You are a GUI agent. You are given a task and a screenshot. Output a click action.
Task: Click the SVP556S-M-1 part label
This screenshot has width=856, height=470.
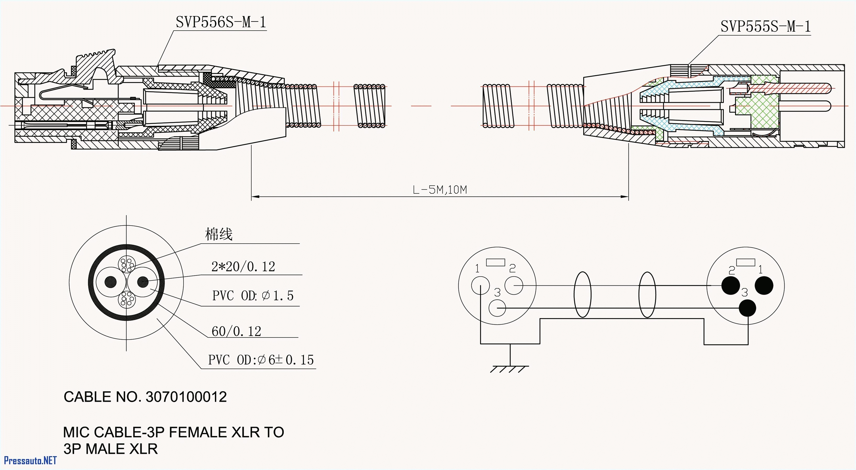[x=221, y=22]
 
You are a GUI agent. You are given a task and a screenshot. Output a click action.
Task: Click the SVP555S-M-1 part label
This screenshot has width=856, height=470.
[x=765, y=27]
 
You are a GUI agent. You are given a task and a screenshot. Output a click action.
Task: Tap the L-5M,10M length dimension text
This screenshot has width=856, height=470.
[x=440, y=190]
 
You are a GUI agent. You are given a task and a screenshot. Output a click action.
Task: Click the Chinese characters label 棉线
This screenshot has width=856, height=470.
[x=218, y=234]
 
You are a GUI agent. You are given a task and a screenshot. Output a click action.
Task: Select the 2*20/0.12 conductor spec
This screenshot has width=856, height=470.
[x=243, y=267]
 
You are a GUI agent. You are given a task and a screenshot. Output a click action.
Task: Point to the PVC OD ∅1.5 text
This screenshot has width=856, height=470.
[x=253, y=295]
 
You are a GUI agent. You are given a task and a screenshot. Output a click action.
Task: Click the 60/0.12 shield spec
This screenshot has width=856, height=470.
[x=236, y=331]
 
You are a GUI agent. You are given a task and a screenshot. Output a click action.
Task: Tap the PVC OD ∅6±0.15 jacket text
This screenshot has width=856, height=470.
[x=260, y=360]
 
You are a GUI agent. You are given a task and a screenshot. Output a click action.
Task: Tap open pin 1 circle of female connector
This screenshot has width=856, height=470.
[x=480, y=285]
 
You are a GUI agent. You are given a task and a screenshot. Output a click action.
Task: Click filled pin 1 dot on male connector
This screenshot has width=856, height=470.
[x=764, y=285]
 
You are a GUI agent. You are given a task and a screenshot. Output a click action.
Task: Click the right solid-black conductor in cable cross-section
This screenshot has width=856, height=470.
[x=143, y=282]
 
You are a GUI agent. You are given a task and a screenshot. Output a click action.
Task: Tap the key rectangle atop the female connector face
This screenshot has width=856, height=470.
[x=496, y=262]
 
